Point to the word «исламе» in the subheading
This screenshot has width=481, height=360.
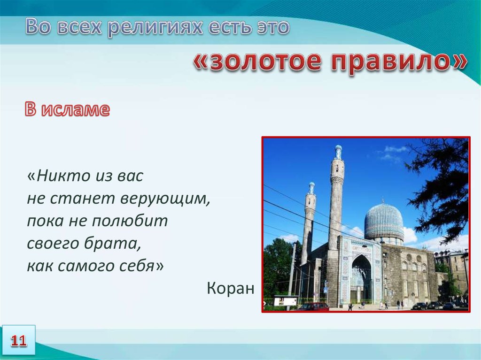(76, 109)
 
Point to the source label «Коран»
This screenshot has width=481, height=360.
(231, 288)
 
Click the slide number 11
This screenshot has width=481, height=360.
(19, 341)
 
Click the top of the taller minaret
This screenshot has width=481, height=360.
(338, 152)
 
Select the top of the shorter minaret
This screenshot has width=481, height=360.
(312, 188)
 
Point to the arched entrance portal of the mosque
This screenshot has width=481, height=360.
(362, 279)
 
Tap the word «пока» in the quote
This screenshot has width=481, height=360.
(46, 221)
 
